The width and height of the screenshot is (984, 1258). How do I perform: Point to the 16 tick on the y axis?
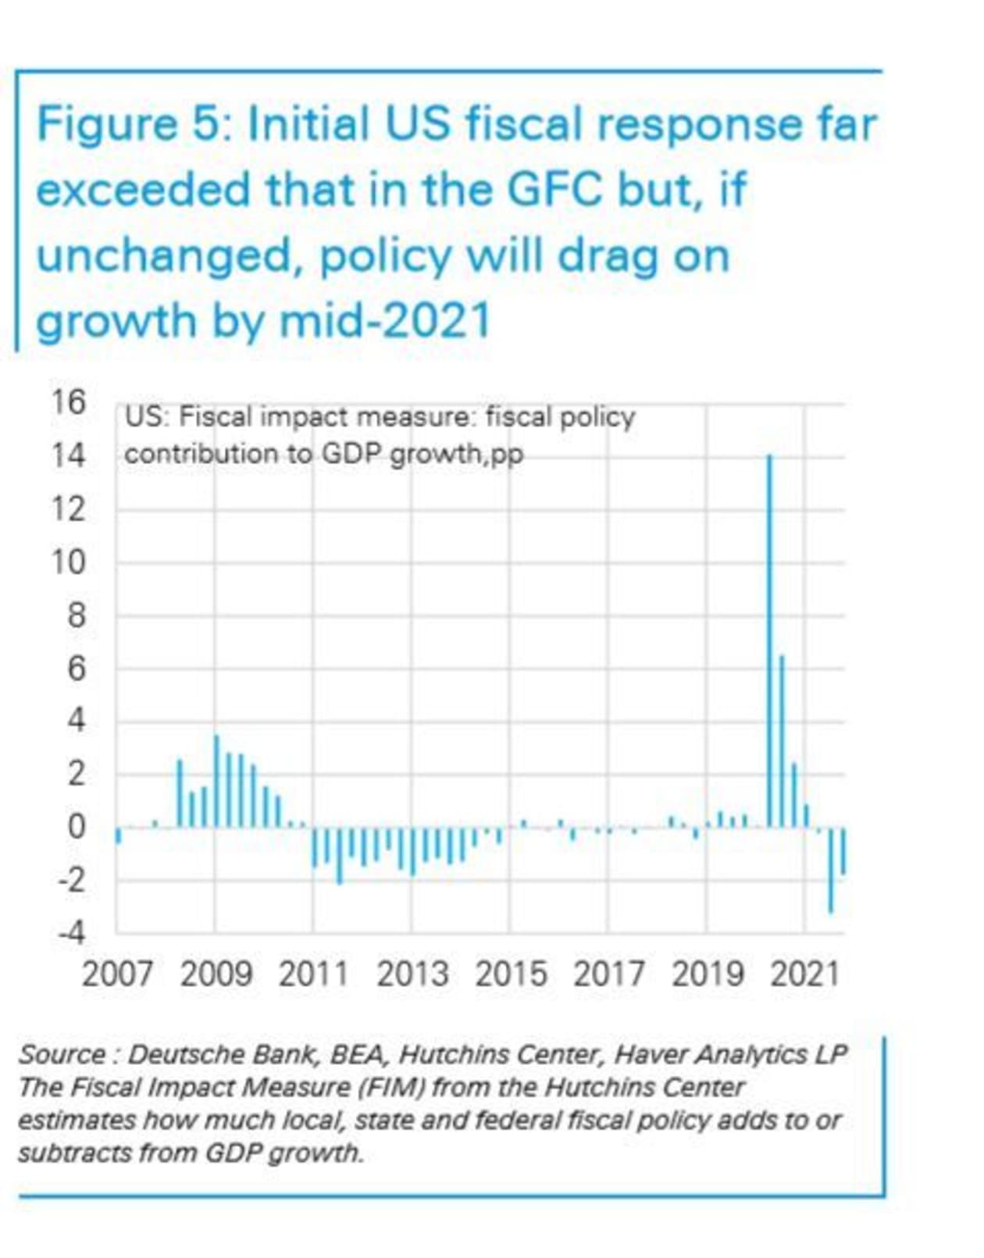tap(69, 403)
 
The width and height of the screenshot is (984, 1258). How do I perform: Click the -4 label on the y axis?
tap(70, 932)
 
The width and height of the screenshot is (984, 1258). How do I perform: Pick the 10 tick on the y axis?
tap(69, 562)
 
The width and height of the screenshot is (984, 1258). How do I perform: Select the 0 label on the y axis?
tap(76, 826)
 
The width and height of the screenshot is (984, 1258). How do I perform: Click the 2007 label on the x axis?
tap(117, 975)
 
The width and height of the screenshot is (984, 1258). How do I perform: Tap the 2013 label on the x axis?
tap(412, 975)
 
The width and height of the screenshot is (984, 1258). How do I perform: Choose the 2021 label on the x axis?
tap(804, 975)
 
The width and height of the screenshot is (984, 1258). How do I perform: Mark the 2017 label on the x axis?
tap(609, 975)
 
